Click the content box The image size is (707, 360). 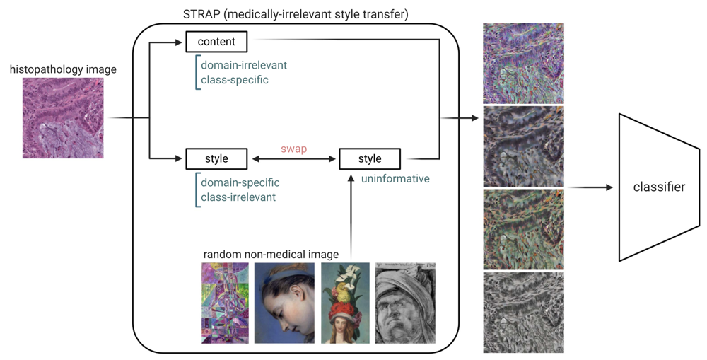[216, 42]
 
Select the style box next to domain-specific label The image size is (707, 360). [216, 159]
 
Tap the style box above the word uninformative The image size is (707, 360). [370, 159]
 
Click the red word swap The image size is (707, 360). [294, 149]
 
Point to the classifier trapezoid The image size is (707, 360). [659, 187]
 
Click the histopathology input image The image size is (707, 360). [63, 117]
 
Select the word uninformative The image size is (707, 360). [395, 179]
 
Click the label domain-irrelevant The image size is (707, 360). [244, 65]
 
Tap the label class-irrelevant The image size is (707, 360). [238, 197]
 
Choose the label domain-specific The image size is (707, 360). [240, 182]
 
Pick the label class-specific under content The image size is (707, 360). [235, 80]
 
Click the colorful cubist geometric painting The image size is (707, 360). [225, 303]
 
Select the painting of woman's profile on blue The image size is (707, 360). [284, 303]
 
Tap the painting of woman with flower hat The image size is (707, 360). [346, 303]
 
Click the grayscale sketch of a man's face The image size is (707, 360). [405, 303]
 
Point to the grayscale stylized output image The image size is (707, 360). [523, 312]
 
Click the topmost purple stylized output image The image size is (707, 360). [523, 64]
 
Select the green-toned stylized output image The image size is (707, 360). [523, 229]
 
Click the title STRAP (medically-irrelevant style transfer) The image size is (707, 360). [296, 14]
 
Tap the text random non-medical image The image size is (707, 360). [271, 255]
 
